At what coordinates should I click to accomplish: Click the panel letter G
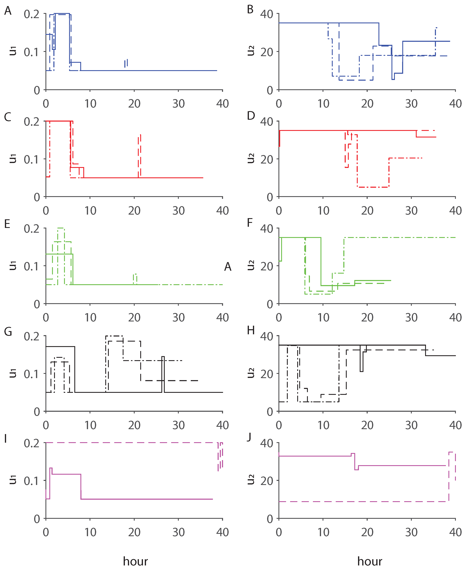tap(8, 332)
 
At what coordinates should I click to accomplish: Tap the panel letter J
tap(249, 437)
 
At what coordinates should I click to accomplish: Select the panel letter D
tap(251, 116)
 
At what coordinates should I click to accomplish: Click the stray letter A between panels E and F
tap(228, 267)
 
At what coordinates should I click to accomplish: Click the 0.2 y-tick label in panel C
tap(31, 122)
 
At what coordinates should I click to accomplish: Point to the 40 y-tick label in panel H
tap(267, 336)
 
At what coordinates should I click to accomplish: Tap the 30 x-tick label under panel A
tap(178, 104)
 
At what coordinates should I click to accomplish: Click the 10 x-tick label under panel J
tap(323, 532)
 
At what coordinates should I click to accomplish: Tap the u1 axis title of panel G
tap(13, 373)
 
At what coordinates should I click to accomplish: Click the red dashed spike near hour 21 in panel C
tap(139, 156)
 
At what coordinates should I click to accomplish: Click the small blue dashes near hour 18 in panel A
tap(126, 63)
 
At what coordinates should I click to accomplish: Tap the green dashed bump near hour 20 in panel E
tap(135, 279)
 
